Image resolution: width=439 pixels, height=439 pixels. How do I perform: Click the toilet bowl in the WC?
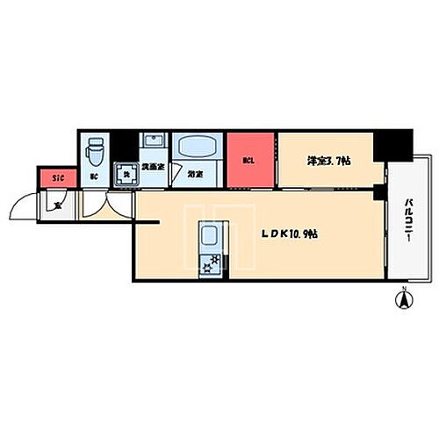pos(97,155)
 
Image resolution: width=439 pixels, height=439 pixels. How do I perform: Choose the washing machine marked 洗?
pos(125,173)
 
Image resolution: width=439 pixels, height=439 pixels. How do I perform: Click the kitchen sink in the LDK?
pos(211,235)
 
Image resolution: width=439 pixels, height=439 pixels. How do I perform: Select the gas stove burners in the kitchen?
pos(211,261)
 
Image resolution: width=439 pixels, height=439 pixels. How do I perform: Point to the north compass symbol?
pos(405,299)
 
